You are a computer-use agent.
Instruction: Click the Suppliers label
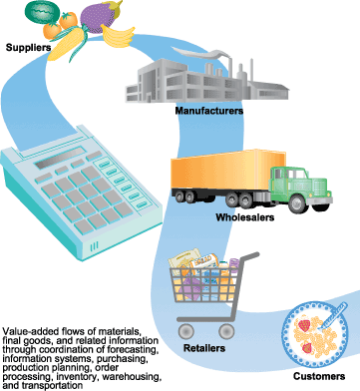[28, 47]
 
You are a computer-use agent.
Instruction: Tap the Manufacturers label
[209, 111]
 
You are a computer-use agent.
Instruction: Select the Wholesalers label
[245, 217]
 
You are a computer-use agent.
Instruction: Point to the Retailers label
[204, 348]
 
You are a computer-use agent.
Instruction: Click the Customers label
[319, 376]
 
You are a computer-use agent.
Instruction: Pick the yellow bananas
[118, 36]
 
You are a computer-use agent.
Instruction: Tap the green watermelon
[42, 12]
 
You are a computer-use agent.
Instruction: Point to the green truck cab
[300, 186]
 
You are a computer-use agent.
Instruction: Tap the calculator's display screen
[61, 158]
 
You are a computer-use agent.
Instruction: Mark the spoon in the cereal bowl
[331, 316]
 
